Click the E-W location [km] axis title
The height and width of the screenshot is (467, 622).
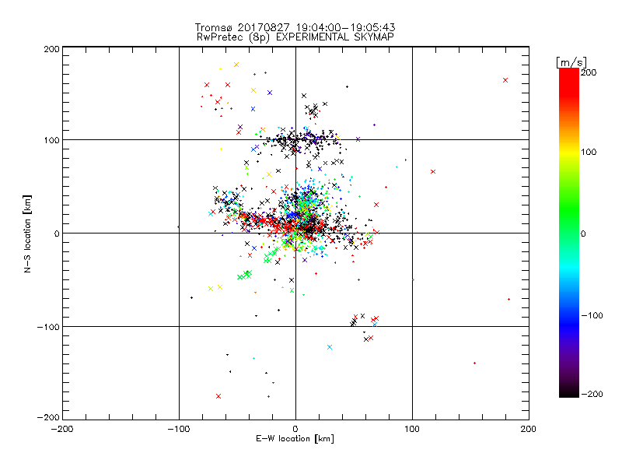[x=295, y=440]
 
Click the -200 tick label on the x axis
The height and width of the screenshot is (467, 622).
[x=62, y=429]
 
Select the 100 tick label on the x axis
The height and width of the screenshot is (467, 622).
[x=412, y=429]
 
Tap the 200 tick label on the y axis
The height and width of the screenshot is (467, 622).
[x=51, y=48]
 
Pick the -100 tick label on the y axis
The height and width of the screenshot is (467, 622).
[x=48, y=327]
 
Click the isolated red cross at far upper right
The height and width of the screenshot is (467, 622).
[x=505, y=80]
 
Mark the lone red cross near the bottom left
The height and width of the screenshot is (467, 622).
[x=218, y=396]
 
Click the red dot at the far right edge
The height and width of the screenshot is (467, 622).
[x=508, y=299]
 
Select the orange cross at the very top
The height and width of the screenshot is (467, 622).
[x=236, y=65]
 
